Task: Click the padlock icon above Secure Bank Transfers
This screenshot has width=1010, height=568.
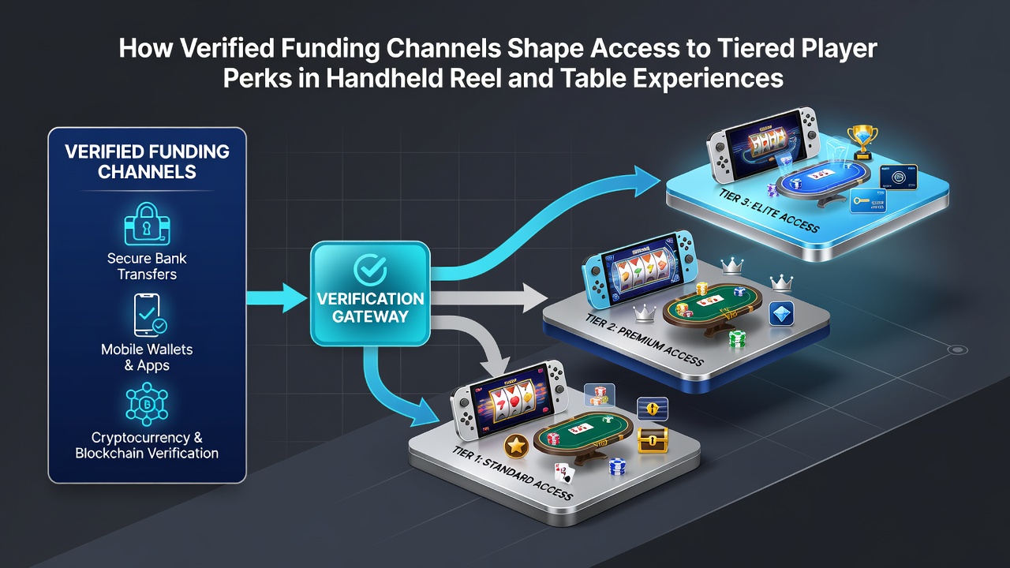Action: tap(147, 223)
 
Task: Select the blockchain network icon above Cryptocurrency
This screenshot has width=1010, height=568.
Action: tap(147, 405)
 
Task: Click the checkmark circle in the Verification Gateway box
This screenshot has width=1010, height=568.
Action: tap(370, 269)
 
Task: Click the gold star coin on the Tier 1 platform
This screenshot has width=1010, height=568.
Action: tap(516, 447)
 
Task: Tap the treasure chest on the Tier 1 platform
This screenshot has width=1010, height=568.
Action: tap(653, 440)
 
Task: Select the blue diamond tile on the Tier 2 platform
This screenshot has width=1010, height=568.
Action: tap(781, 314)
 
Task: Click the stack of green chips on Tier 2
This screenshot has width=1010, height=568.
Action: tap(737, 338)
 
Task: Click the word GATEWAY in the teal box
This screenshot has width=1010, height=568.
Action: tap(370, 316)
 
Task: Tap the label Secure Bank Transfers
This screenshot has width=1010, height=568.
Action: tap(147, 266)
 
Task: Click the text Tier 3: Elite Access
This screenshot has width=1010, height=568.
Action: tap(769, 211)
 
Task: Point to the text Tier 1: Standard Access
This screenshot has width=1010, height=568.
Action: tap(512, 473)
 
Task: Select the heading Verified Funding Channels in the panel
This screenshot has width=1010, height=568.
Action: tap(147, 162)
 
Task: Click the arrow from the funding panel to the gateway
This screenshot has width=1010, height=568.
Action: tap(276, 298)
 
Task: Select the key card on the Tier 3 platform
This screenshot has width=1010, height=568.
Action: tap(868, 201)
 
